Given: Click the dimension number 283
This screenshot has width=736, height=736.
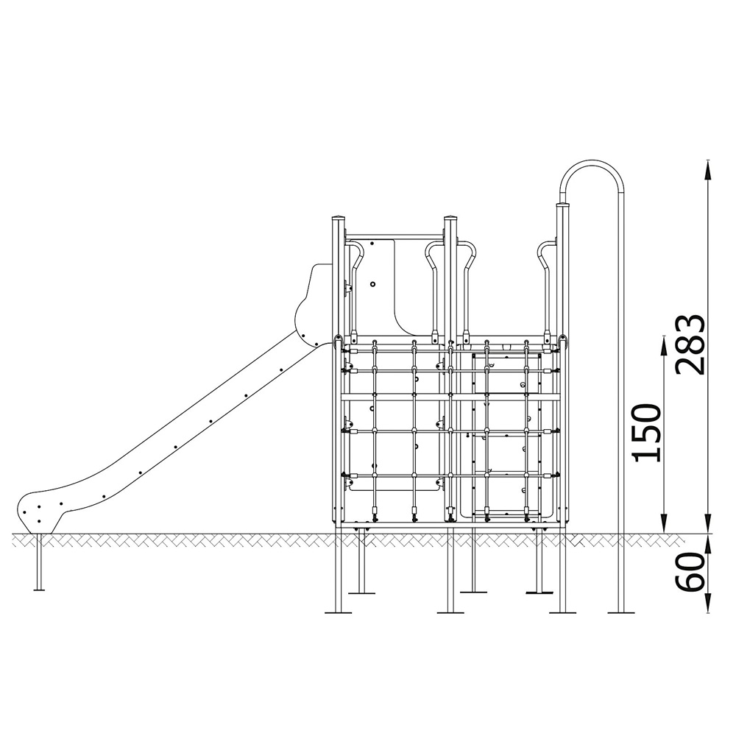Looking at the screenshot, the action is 690,345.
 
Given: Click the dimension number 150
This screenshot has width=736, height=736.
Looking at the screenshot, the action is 647,432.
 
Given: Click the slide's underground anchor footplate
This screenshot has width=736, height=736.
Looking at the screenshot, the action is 39,589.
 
